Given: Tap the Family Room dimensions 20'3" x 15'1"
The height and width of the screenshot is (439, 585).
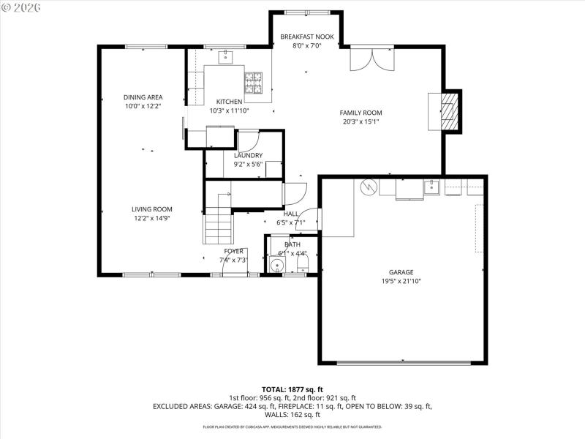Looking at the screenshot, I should coord(361,122).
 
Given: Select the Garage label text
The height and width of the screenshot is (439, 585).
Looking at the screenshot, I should coord(401,271).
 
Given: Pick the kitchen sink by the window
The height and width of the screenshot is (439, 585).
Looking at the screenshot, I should coord(227,55).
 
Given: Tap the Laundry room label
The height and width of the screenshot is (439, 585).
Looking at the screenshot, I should coord(248,155).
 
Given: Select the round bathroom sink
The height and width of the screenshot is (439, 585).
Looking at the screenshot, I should coord(278,265).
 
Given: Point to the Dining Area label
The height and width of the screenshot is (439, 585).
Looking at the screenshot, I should coord(143,97).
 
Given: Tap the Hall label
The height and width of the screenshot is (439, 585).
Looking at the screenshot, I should coord(290,214).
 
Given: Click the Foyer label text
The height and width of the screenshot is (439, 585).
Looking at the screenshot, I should coord(233,251).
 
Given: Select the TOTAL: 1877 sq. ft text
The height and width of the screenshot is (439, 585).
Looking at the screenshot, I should coord(292,389).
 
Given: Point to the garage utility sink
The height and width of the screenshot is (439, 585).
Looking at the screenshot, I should coord(432,188).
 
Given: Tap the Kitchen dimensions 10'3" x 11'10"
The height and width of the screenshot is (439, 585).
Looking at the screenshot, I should coord(229,111).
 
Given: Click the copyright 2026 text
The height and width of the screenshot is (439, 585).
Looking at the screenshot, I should coord(22,7).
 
